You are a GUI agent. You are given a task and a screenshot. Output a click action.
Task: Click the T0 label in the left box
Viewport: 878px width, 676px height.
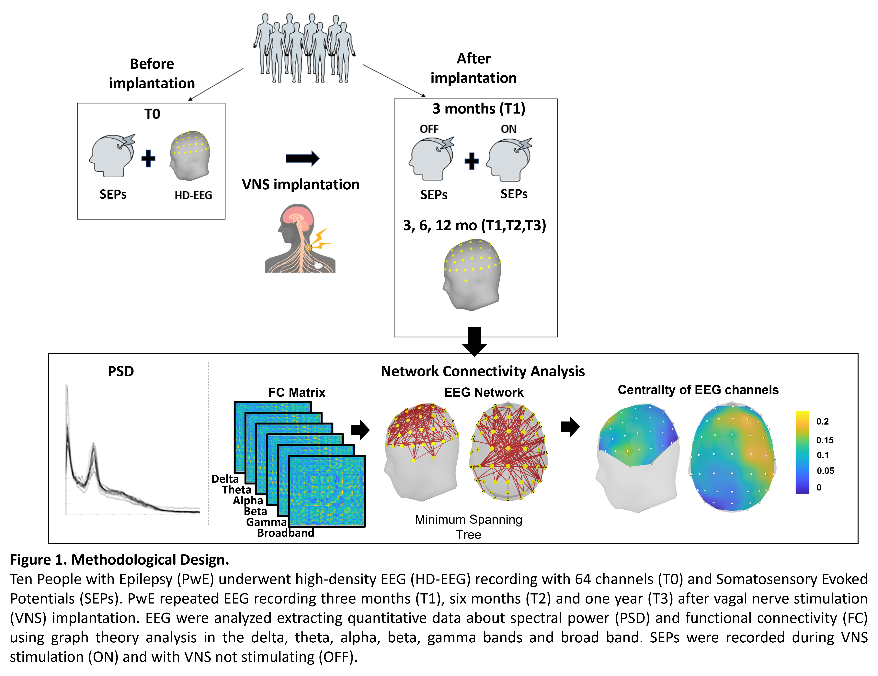coord(152,114)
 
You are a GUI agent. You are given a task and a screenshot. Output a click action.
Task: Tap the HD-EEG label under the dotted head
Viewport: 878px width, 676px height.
coord(193,195)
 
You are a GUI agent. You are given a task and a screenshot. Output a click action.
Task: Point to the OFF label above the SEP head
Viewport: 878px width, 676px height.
coord(429,129)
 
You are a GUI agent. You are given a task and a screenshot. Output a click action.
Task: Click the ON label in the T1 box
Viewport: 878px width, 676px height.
coord(508,129)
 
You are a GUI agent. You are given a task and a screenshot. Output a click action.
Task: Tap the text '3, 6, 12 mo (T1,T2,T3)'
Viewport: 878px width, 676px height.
coord(474,226)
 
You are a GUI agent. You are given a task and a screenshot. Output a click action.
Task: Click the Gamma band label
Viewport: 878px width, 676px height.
coord(266,522)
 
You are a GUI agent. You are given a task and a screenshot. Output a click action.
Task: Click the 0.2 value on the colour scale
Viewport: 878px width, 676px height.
coord(822,421)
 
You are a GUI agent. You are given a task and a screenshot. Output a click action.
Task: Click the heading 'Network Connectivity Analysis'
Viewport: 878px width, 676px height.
coord(482,371)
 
